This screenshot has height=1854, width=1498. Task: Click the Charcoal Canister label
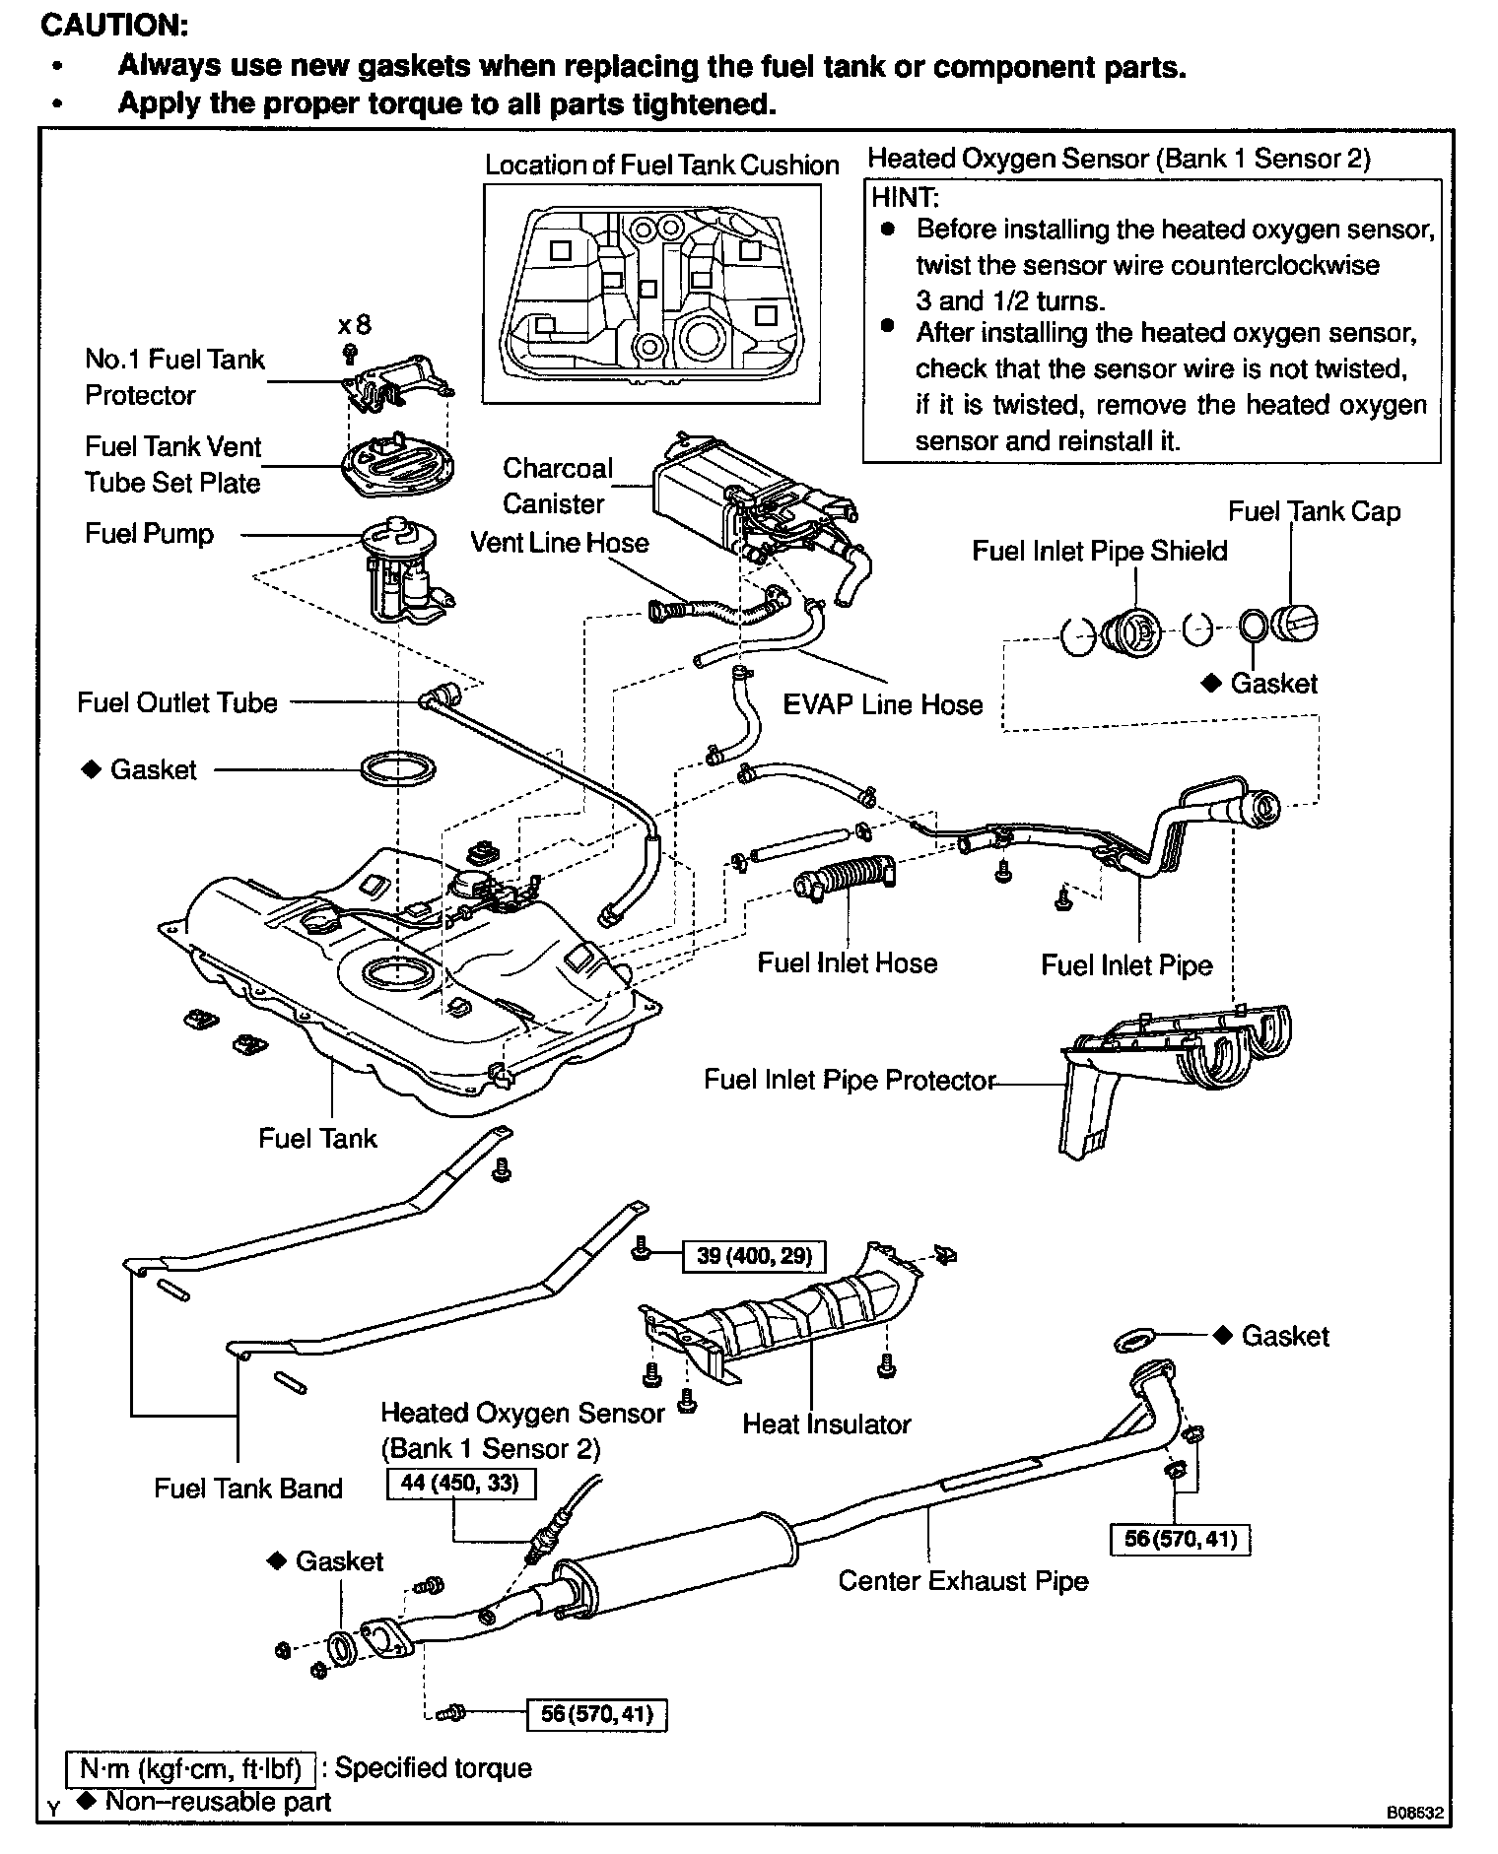click(x=557, y=486)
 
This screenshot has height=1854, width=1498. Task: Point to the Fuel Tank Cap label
click(x=1314, y=512)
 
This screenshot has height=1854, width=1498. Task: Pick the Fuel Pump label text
click(x=149, y=534)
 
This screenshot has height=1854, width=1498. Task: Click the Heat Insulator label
click(x=826, y=1424)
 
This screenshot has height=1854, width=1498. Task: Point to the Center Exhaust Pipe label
click(x=963, y=1581)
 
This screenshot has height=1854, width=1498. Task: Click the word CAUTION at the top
click(x=113, y=25)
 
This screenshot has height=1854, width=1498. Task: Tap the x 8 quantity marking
click(x=354, y=325)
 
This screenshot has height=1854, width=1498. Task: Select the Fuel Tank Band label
click(x=248, y=1488)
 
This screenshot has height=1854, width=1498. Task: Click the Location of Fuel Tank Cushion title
click(x=661, y=166)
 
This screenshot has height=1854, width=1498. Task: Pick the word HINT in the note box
click(x=904, y=196)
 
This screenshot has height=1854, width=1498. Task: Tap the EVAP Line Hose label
click(x=882, y=704)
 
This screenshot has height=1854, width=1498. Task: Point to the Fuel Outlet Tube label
click(x=177, y=702)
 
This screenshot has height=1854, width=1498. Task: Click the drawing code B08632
click(x=1414, y=1812)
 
